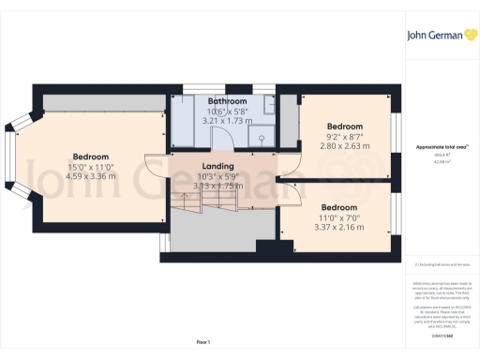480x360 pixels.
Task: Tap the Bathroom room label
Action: (228, 100)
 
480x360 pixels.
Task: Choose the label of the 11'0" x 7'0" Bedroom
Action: (339, 206)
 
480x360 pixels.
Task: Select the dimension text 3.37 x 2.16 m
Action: (339, 227)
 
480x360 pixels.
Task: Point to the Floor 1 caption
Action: (203, 342)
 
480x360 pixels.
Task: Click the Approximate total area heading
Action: (441, 147)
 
